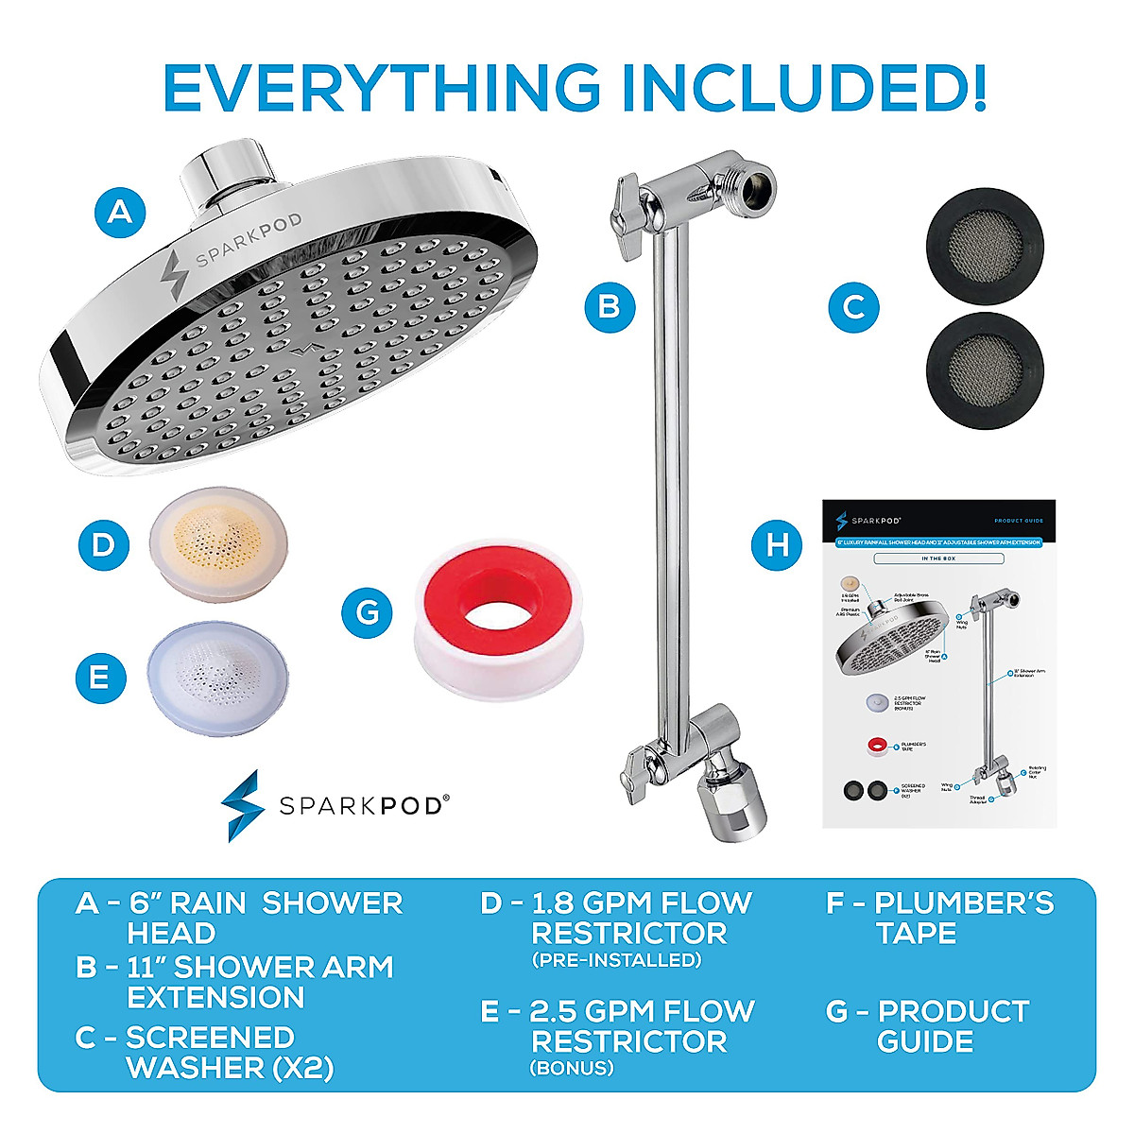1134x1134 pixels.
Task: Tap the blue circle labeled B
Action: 610,306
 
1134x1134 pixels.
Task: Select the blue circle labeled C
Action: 853,306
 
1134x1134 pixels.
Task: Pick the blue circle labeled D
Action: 103,544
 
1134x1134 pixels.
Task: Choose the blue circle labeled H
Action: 777,544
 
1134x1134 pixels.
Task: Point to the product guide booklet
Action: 938,663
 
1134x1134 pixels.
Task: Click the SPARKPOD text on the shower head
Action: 249,241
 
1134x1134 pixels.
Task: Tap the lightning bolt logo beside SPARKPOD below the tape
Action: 240,805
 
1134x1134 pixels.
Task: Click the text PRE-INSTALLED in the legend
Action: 616,960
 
